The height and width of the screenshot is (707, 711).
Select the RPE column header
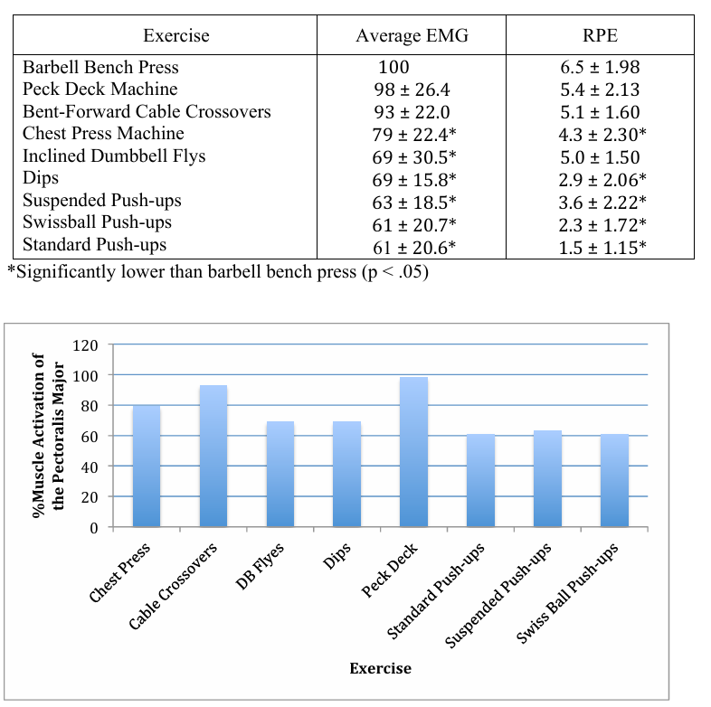[599, 36]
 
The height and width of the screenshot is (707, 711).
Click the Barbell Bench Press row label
[100, 67]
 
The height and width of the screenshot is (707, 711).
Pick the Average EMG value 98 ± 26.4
[412, 90]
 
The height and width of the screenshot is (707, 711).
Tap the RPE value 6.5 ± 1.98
[600, 67]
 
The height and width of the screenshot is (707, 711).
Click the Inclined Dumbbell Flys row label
[114, 156]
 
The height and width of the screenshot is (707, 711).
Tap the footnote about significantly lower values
[217, 272]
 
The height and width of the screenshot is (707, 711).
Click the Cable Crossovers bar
[213, 456]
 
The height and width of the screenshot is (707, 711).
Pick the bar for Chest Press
[147, 466]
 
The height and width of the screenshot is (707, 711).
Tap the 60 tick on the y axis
[90, 436]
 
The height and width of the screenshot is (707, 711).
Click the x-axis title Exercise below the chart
[380, 668]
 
